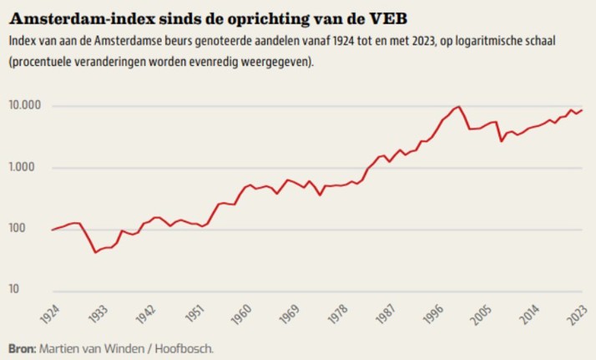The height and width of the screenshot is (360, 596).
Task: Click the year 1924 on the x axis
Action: tap(51, 315)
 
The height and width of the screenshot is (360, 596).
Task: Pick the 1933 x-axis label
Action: tap(98, 315)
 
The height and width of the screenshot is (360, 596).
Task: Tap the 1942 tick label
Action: tap(147, 315)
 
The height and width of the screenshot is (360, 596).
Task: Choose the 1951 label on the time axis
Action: tap(195, 315)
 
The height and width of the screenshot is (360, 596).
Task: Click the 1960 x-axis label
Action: tap(244, 315)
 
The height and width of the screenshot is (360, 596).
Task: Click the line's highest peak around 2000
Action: tap(458, 107)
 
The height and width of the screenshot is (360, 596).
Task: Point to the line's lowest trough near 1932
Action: tap(95, 252)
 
